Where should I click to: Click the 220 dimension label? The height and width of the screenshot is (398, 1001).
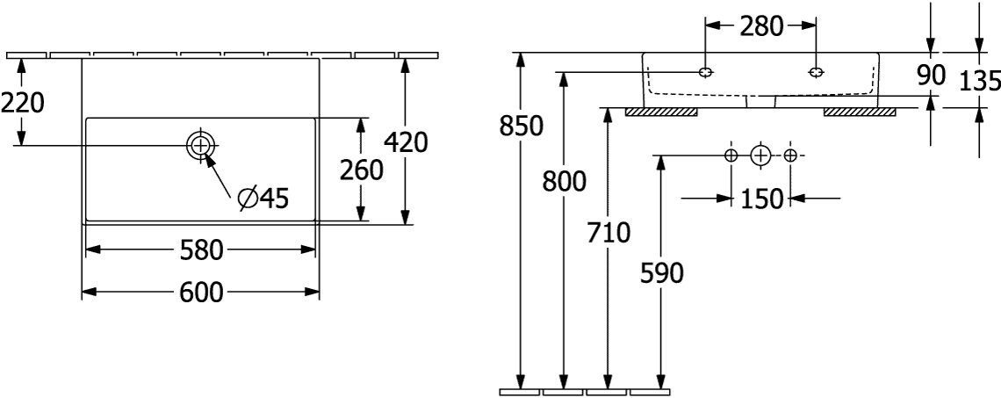[x=22, y=103]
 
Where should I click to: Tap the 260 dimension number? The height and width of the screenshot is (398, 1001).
[x=362, y=170]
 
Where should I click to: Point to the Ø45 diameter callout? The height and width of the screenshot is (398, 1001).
[x=263, y=199]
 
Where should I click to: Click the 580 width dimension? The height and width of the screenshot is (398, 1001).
[x=199, y=250]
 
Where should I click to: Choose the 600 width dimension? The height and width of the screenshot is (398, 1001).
[x=200, y=292]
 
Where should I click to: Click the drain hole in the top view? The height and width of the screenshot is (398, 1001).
[x=201, y=145]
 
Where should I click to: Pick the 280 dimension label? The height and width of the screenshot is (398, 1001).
[x=760, y=26]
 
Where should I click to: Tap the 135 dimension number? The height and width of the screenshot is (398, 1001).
[x=979, y=81]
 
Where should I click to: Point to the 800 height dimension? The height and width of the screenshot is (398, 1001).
[x=564, y=182]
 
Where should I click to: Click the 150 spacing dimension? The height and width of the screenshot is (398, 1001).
[x=760, y=199]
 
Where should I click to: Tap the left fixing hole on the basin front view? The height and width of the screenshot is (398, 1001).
[x=704, y=72]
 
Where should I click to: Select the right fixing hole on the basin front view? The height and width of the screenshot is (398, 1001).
[x=816, y=72]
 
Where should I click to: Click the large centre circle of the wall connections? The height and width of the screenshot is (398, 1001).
[x=760, y=156]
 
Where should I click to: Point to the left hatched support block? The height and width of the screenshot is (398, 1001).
[x=661, y=112]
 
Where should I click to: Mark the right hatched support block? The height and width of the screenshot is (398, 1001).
[x=860, y=112]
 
